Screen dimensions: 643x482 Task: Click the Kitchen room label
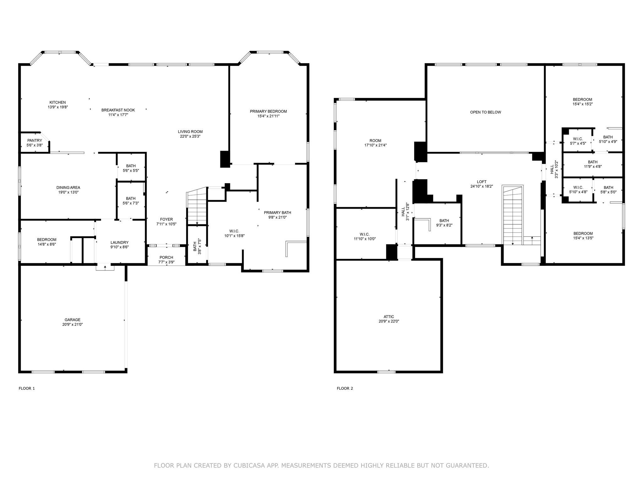57,102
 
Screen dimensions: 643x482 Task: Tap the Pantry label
35,141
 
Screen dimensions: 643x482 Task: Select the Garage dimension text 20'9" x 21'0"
73,324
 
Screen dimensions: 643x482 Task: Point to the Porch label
166,257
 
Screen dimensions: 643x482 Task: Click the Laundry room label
120,242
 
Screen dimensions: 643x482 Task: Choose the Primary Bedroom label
268,111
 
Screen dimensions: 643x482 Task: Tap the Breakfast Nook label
118,110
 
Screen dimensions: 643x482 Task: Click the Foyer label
166,219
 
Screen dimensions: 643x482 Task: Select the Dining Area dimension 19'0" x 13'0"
68,192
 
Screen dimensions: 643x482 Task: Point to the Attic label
389,317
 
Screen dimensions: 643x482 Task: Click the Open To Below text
486,112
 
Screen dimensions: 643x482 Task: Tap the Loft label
482,182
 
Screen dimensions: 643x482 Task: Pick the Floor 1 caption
27,388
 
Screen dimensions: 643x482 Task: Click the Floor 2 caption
345,388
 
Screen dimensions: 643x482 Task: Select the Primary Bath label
278,212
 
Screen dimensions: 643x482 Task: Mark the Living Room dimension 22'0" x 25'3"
190,137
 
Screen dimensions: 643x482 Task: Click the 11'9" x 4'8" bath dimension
593,167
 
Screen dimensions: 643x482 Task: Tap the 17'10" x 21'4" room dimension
375,145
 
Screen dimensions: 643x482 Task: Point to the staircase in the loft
513,215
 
